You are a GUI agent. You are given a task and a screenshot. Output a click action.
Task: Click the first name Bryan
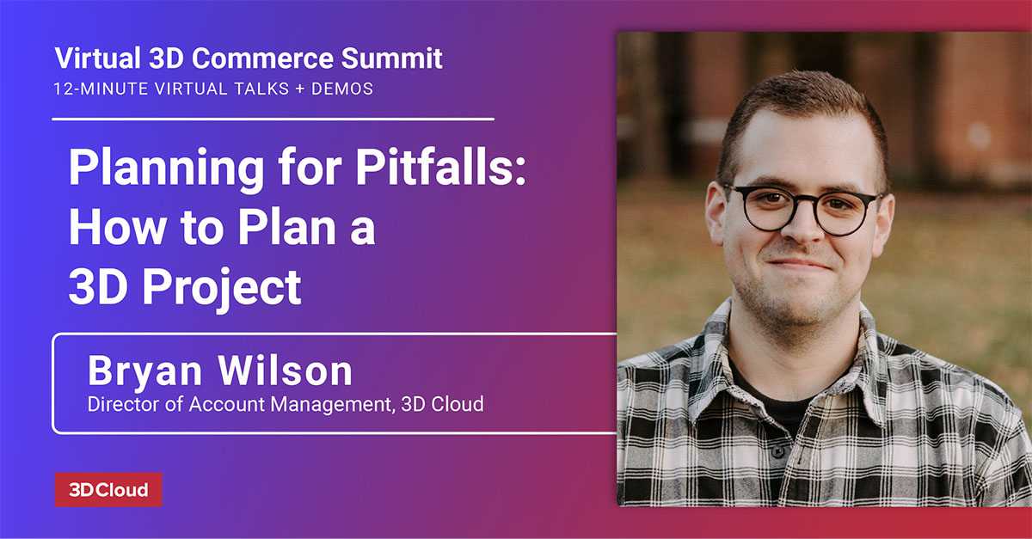pos(144,371)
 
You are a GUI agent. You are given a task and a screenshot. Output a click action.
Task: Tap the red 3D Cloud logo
pos(108,489)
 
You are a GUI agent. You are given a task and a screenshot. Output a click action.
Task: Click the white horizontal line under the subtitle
pos(273,119)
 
